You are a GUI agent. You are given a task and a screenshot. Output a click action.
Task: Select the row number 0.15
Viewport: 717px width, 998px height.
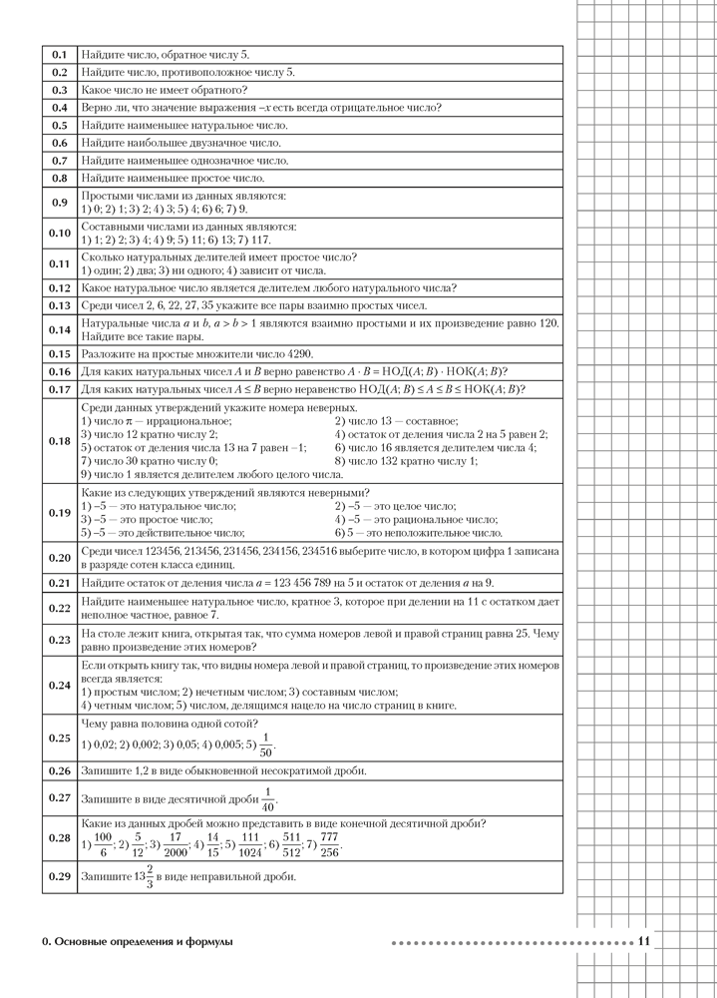click(59, 354)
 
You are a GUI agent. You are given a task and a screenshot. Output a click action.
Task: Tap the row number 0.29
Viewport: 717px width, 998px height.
click(59, 876)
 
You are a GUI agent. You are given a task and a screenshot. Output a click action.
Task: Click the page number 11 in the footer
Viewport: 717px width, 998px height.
click(643, 941)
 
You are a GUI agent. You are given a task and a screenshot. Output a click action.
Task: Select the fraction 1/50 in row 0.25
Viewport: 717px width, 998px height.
click(264, 745)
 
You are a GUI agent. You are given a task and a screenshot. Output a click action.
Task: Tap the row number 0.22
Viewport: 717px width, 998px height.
click(59, 609)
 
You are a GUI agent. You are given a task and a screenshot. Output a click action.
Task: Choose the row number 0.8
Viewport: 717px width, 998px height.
click(59, 178)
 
